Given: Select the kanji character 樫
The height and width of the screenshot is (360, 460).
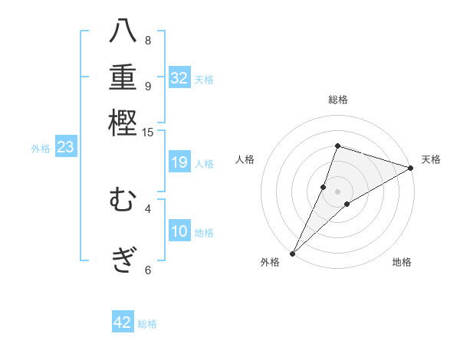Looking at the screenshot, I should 123,123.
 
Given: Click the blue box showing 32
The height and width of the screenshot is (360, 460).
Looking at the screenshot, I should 179,78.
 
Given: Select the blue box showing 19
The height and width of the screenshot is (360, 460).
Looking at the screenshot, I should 179,162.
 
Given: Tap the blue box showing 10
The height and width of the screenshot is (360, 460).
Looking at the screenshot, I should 179,231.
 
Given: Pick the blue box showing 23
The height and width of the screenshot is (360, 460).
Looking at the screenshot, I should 65,148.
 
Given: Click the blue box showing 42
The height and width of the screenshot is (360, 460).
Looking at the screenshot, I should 123,322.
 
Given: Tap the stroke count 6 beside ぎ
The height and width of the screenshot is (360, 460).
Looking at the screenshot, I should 148,270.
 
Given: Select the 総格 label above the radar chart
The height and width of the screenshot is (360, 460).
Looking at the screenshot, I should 337,100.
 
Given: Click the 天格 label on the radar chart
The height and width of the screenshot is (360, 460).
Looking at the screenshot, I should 431,159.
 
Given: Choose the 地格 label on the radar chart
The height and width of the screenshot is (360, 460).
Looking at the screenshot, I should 402,263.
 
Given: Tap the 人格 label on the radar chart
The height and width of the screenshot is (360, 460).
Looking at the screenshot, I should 245,159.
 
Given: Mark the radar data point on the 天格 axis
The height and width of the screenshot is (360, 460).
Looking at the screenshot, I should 410,168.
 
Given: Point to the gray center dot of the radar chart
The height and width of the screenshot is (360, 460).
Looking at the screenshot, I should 337,191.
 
